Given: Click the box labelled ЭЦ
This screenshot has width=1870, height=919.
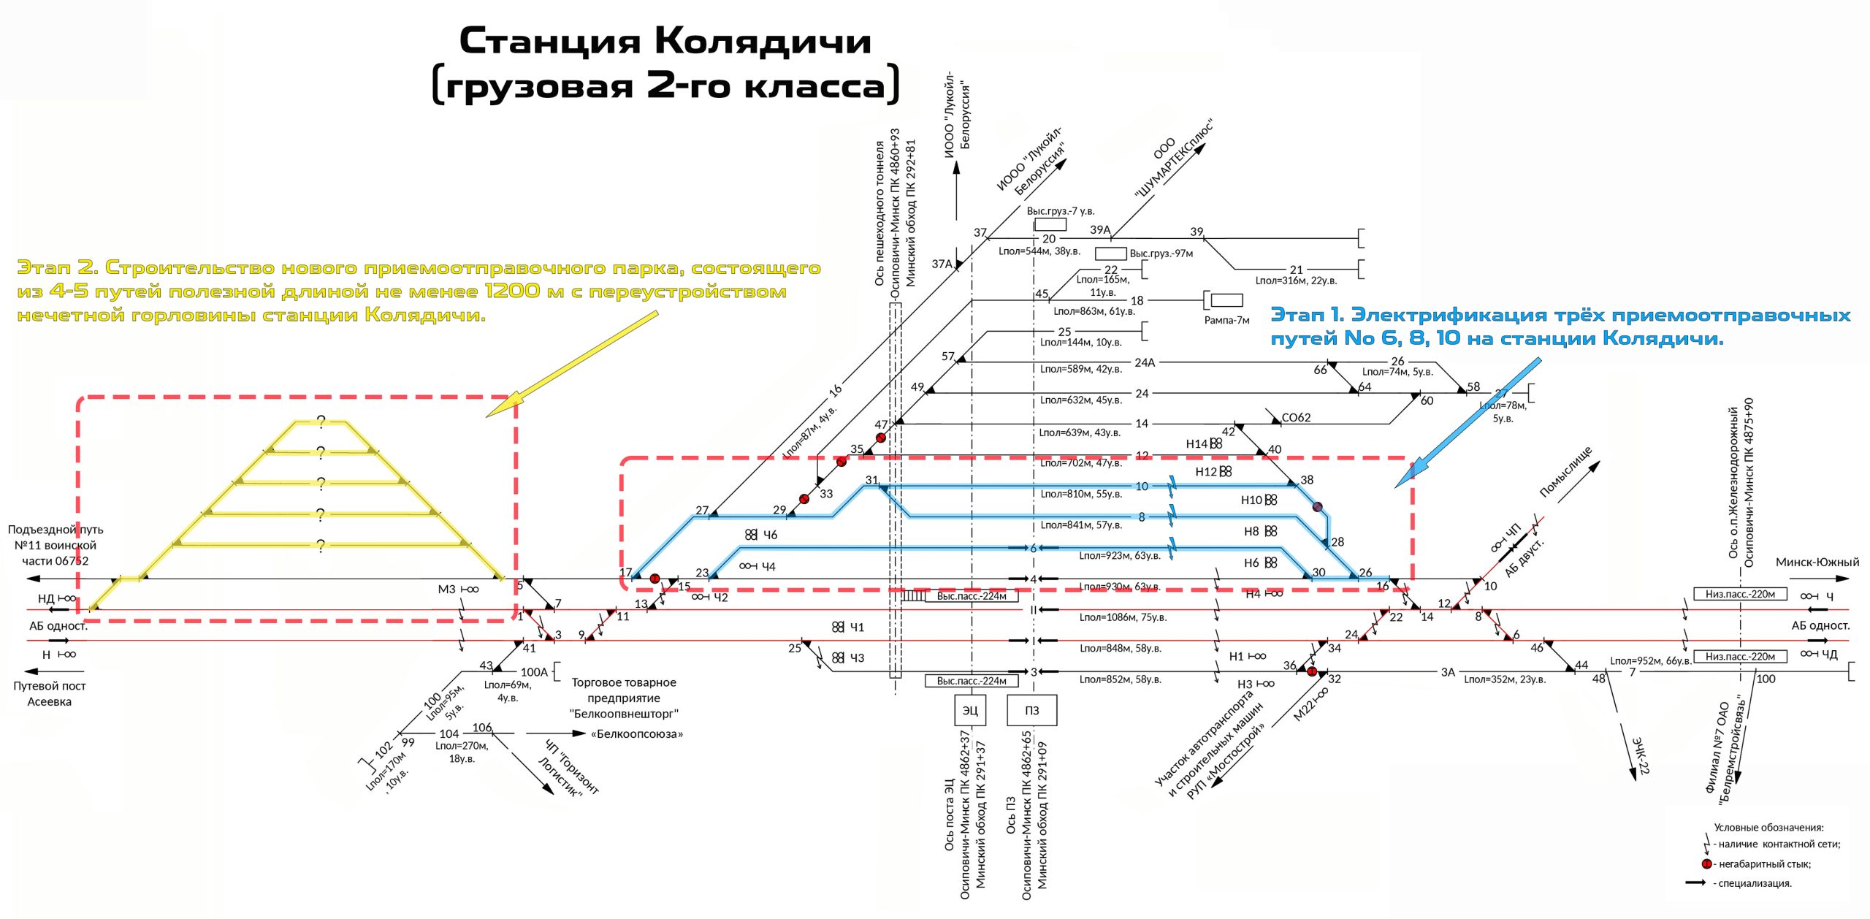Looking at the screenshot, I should (x=970, y=710).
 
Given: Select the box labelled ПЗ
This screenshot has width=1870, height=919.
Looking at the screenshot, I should (x=1031, y=710).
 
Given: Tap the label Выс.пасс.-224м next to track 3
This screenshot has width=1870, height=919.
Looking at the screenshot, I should (x=972, y=681).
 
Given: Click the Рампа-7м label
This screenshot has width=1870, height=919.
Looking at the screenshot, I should (x=1226, y=320).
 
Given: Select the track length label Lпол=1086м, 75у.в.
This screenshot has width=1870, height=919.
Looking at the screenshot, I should (x=1123, y=617).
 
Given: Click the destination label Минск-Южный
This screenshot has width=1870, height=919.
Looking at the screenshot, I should (x=1817, y=562).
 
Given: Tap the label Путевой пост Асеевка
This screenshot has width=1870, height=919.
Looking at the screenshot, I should (x=49, y=693).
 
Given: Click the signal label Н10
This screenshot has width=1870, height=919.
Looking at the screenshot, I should (x=1251, y=500).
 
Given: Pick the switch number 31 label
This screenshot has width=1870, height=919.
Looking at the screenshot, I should (x=871, y=480).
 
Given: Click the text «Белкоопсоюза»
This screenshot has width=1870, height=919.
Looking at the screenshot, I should (x=636, y=733).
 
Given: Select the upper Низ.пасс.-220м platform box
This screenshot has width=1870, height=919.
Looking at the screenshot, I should (x=1740, y=594).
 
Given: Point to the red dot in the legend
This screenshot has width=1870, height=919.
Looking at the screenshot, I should (x=1706, y=863).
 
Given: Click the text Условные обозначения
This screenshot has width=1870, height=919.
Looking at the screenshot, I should (x=1768, y=827).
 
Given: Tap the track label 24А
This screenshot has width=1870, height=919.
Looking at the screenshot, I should (x=1145, y=362).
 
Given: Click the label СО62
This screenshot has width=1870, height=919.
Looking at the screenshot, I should (x=1296, y=417).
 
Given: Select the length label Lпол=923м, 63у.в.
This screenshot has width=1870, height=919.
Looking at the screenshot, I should (x=1120, y=555).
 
